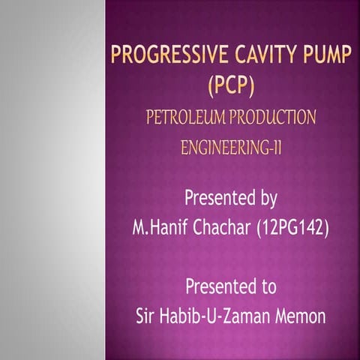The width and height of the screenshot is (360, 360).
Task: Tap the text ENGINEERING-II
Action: tap(232, 146)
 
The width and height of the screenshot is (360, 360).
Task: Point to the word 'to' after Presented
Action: tap(267, 287)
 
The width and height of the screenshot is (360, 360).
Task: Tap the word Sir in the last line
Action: tap(147, 316)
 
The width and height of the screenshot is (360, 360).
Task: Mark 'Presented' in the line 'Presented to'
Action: tap(217, 287)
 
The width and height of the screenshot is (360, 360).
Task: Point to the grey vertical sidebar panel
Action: tap(52, 180)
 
